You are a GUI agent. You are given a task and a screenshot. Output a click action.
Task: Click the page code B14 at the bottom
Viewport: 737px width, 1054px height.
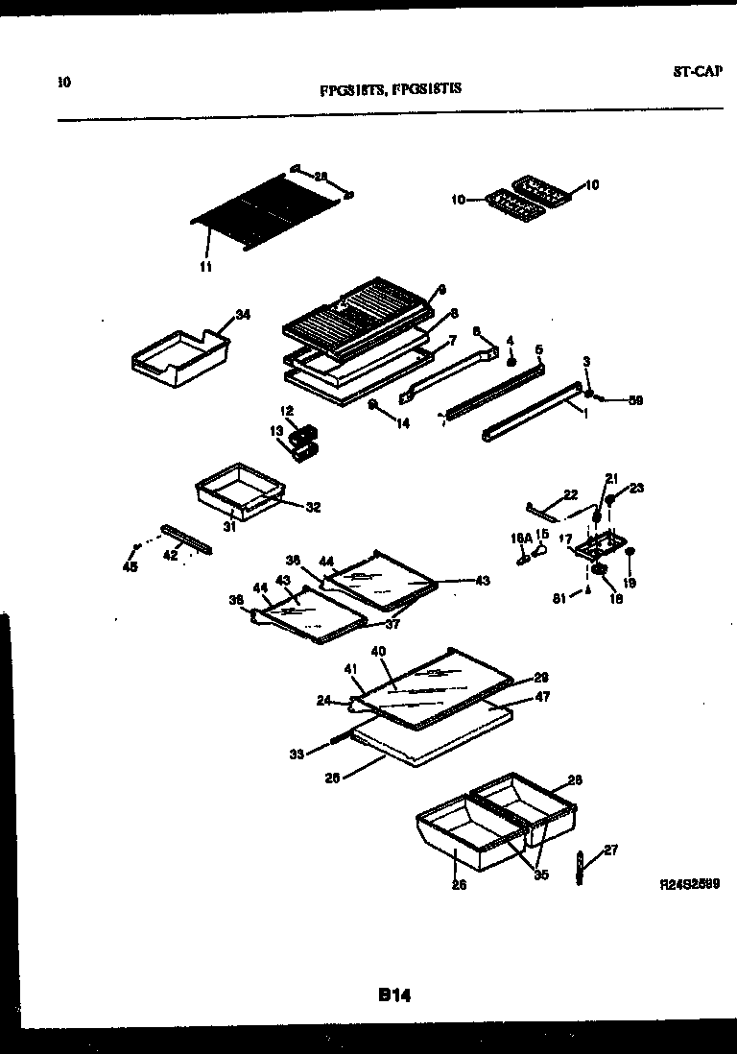pyautogui.click(x=393, y=996)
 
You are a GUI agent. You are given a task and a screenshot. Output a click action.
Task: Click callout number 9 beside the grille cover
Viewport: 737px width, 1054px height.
pyautogui.click(x=442, y=289)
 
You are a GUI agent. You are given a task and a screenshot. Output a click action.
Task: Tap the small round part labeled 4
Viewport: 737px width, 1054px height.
pyautogui.click(x=511, y=362)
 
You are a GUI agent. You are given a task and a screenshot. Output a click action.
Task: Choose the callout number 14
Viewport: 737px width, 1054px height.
pyautogui.click(x=402, y=422)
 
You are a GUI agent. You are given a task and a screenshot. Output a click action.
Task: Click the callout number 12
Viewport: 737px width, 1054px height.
pyautogui.click(x=287, y=411)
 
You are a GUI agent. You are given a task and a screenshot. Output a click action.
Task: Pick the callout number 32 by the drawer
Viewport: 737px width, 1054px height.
pyautogui.click(x=313, y=507)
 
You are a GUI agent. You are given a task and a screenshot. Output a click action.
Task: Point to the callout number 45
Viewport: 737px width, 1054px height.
pyautogui.click(x=130, y=567)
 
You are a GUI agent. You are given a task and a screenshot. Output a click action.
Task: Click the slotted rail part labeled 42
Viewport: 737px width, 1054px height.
pyautogui.click(x=188, y=539)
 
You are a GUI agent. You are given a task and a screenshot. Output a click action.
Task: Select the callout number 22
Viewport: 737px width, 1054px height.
pyautogui.click(x=570, y=494)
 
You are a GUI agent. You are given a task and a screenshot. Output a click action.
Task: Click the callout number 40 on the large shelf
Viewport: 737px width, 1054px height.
pyautogui.click(x=378, y=651)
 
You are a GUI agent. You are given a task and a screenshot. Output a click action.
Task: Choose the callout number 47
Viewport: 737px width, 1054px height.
pyautogui.click(x=542, y=697)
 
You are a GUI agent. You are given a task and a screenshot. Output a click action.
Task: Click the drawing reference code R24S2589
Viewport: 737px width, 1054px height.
pyautogui.click(x=690, y=882)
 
